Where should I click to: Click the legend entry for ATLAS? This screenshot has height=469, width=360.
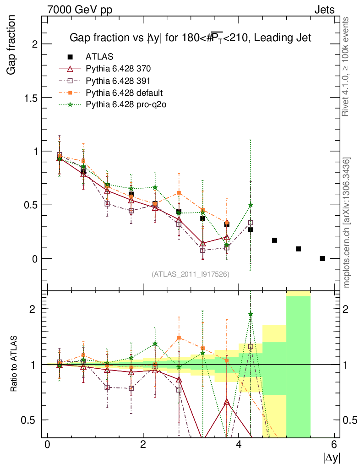99,57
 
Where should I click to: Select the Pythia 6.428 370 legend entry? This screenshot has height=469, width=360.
118,69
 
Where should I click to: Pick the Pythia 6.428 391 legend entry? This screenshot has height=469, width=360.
118,81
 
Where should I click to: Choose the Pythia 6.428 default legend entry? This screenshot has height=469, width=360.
124,93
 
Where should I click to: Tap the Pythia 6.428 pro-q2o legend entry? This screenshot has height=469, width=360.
125,104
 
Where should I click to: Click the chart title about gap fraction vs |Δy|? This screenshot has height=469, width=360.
190,38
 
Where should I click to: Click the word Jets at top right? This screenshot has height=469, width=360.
324,10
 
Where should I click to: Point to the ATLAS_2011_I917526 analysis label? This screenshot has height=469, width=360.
190,274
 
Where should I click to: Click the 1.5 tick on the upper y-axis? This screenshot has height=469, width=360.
31,98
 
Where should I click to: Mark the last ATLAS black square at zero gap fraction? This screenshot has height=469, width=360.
322,258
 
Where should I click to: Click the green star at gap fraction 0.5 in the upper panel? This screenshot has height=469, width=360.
251,205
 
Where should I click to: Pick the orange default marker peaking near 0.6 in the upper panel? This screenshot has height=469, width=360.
179,193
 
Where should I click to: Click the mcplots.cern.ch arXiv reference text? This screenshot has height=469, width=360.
347,222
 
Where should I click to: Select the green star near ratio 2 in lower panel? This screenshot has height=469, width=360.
251,314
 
